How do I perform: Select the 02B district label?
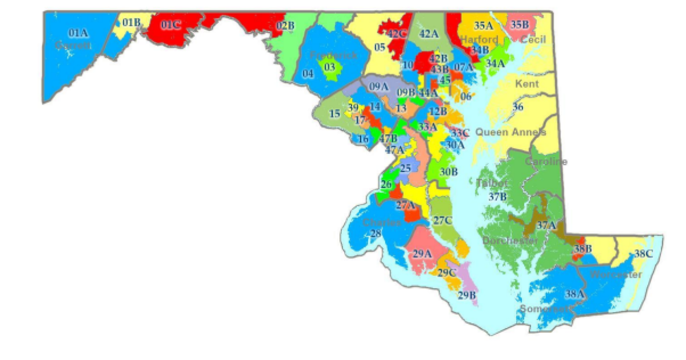tap(285, 25)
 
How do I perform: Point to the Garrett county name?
tap(73, 45)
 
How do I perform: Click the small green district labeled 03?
tap(329, 67)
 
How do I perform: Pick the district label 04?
tap(308, 74)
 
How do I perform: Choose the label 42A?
tap(429, 33)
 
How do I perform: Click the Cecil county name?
tap(533, 39)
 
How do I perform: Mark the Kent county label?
tap(527, 84)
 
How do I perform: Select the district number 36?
tap(518, 107)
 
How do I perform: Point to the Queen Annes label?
tap(510, 132)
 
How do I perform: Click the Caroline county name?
tap(546, 162)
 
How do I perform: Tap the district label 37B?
tap(497, 197)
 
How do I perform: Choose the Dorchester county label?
tap(510, 241)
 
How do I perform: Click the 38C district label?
tap(643, 254)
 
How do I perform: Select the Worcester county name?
tap(616, 275)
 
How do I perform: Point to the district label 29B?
tap(466, 295)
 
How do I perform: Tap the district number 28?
tap(376, 233)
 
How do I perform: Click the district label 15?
tap(334, 114)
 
